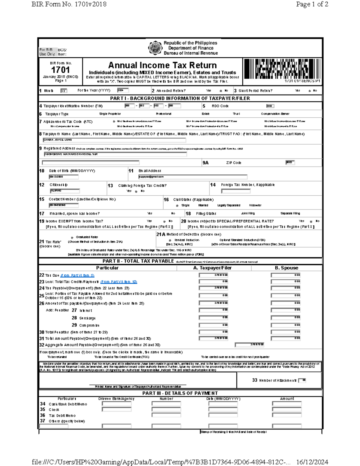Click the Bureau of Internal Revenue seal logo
155,48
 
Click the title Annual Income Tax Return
162,65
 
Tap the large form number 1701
60,70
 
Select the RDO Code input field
270,106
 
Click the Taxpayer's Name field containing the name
114,140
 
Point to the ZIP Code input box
290,163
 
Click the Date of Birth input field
64,177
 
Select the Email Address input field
193,177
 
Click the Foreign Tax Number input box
235,191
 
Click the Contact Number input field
64,205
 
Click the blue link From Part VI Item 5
77,275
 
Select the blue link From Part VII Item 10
119,282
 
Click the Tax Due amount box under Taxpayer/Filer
214,275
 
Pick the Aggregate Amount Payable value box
250,345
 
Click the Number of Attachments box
302,380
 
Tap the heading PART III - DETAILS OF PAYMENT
180,393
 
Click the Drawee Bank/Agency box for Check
116,410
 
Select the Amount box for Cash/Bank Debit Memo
287,404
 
